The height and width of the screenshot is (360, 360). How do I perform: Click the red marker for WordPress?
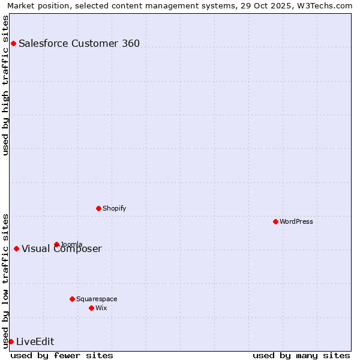[x=275, y=221]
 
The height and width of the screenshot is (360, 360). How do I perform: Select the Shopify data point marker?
[x=98, y=208]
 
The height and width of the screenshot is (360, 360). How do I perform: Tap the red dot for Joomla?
[x=56, y=244]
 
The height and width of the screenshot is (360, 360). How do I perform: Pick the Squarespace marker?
[x=72, y=299]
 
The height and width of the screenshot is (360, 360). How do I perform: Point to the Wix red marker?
[x=91, y=308]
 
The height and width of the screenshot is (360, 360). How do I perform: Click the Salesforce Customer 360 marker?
[x=13, y=43]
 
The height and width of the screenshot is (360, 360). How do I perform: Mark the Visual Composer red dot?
[x=16, y=249]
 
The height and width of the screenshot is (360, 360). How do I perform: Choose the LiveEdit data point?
[x=11, y=341]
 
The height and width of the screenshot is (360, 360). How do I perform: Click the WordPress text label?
[x=296, y=221]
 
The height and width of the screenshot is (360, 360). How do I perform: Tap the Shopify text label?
[x=115, y=208]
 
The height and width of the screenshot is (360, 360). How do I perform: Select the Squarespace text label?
[x=97, y=299]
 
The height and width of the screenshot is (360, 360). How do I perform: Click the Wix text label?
[x=101, y=308]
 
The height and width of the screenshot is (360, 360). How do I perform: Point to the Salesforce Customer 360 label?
[x=79, y=43]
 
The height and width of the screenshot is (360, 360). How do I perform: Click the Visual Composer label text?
[x=62, y=249]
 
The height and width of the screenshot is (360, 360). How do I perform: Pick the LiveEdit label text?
[x=35, y=341]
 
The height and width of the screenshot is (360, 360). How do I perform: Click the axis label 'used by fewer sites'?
[x=62, y=355]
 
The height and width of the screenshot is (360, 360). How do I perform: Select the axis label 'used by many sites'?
[x=301, y=355]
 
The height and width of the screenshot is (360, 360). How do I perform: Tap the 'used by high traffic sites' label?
[x=5, y=85]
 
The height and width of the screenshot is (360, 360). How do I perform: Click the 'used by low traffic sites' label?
[x=5, y=281]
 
